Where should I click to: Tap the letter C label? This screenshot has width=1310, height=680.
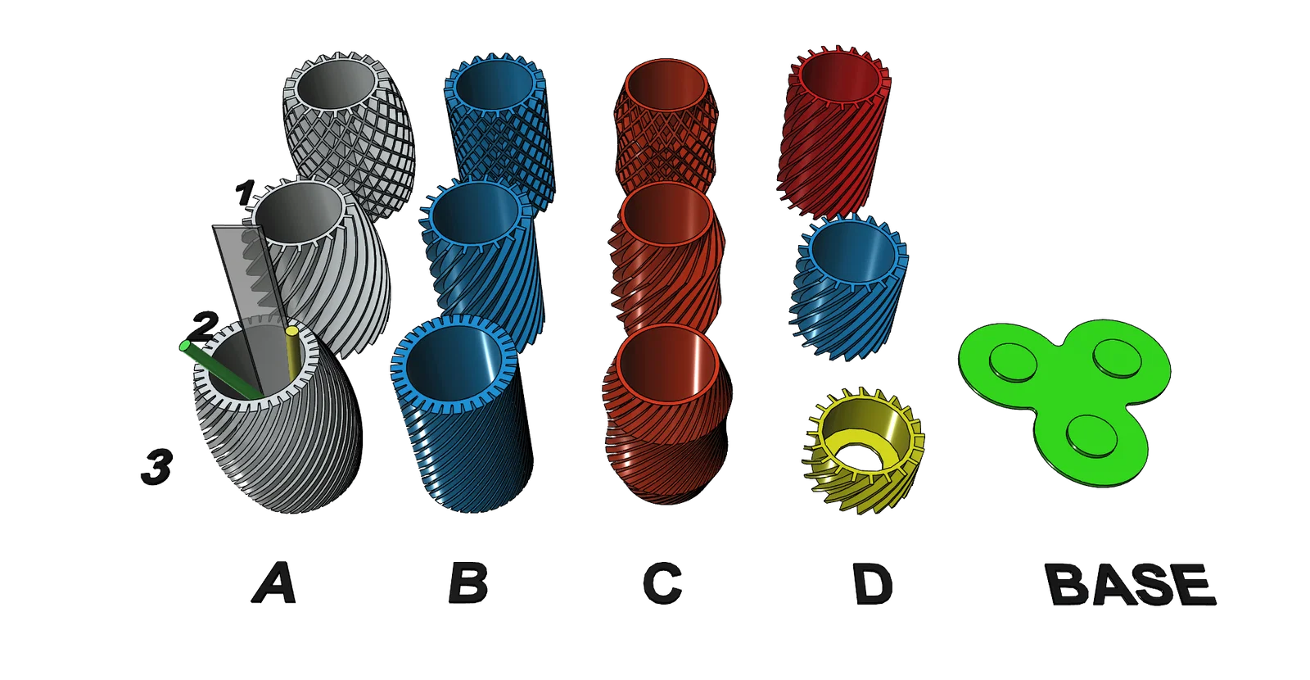662,583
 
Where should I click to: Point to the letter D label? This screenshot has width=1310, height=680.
873,583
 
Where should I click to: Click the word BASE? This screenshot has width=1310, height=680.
1131,584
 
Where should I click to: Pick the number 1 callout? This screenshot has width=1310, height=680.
245,193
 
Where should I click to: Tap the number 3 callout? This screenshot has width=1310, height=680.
156,466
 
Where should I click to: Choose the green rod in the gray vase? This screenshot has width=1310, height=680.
220,371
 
